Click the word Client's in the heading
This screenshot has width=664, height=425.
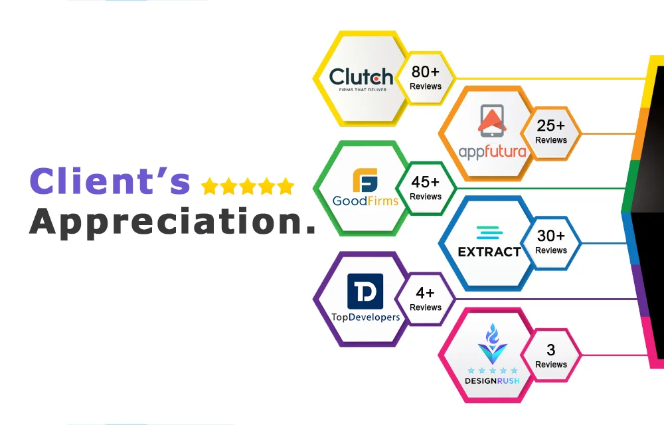click(x=110, y=181)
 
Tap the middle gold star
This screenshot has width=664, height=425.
click(x=248, y=186)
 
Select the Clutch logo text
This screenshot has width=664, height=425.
click(x=361, y=77)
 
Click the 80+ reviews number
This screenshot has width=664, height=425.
click(x=426, y=72)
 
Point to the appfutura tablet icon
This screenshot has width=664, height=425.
click(x=492, y=121)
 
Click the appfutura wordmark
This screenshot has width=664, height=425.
click(x=493, y=151)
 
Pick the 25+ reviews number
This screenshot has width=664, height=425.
click(x=551, y=126)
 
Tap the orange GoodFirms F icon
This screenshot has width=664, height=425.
click(x=365, y=181)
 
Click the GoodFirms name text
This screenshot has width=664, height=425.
click(x=365, y=201)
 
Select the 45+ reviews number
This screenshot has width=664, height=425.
click(x=426, y=182)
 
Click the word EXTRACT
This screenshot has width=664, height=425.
click(x=489, y=252)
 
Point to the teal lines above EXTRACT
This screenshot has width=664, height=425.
click(x=489, y=233)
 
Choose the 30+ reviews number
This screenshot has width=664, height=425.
click(x=551, y=235)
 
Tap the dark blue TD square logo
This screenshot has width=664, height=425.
click(x=365, y=292)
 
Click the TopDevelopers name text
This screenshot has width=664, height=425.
click(x=365, y=317)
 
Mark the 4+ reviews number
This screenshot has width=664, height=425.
click(x=425, y=293)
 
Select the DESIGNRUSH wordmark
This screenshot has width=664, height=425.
click(x=492, y=381)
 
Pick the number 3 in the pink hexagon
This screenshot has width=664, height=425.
click(x=551, y=350)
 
